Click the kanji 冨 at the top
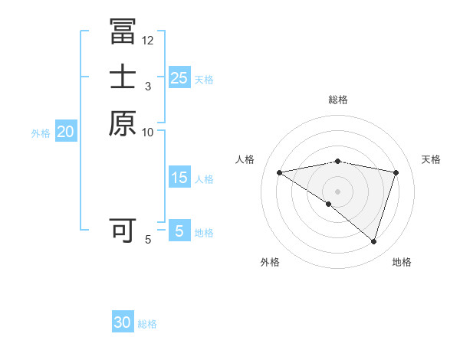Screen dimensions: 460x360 click(123, 32)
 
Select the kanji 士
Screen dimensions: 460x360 click(123, 77)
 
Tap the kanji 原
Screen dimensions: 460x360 click(123, 123)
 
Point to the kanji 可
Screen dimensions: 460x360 click(123, 230)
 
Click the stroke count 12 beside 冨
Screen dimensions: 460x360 click(148, 41)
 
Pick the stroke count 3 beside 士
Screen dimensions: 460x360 click(147, 86)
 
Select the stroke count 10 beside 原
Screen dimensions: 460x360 click(148, 132)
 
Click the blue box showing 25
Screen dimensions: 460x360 click(179, 78)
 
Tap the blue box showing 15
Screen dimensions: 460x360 click(179, 178)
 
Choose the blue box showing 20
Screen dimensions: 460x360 click(66, 133)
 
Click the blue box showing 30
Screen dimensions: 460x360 click(123, 323)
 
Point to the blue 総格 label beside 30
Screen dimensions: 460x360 click(147, 324)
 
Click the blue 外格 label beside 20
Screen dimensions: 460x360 click(41, 133)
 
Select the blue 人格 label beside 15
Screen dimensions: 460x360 click(204, 179)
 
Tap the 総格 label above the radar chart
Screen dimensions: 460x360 click(337, 100)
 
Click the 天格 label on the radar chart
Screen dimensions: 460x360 click(431, 159)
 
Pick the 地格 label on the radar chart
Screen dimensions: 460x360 click(402, 262)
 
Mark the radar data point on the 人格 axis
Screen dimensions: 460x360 click(279, 172)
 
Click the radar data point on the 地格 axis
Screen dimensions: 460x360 click(373, 242)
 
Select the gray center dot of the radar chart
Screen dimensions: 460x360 click(337, 191)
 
